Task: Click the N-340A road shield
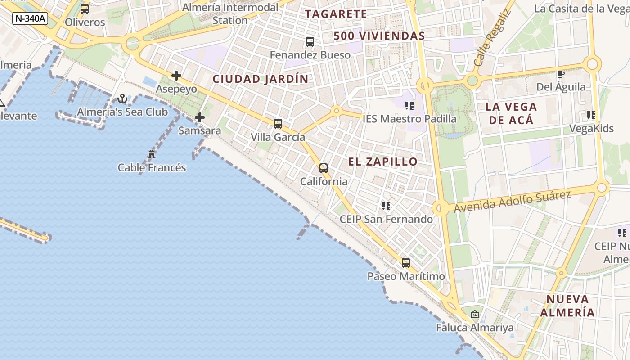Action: click(x=30, y=18)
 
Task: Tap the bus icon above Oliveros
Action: click(x=85, y=9)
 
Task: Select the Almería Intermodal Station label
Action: click(x=230, y=14)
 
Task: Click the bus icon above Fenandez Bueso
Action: click(x=310, y=42)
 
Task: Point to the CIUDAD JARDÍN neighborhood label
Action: click(x=261, y=79)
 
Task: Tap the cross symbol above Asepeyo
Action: click(x=176, y=76)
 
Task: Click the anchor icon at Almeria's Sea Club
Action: click(x=122, y=99)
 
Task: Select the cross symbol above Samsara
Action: click(x=200, y=118)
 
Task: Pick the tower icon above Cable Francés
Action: click(x=152, y=154)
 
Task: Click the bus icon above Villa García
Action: click(x=278, y=124)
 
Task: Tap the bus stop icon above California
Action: click(x=324, y=168)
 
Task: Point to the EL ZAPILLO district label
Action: click(x=383, y=162)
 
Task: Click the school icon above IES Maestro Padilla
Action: click(x=409, y=106)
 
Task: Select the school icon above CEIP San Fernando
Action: click(x=386, y=206)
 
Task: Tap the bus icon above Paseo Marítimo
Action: click(x=406, y=263)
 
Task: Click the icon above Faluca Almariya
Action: click(x=475, y=314)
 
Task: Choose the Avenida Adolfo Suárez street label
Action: click(x=513, y=201)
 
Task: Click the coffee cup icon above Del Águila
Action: click(x=561, y=74)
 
